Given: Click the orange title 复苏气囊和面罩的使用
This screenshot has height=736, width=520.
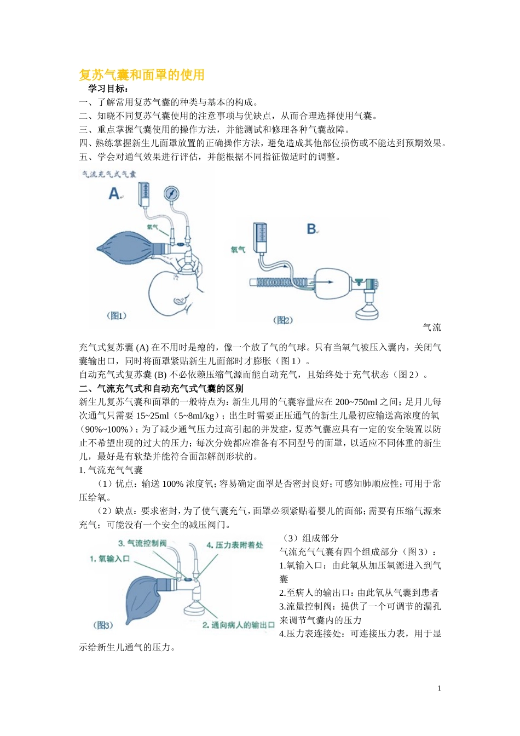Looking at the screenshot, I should tap(142, 75).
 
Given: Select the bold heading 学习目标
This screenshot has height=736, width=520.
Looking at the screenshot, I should tap(108, 89).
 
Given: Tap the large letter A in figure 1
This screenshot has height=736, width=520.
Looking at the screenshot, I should tap(114, 193).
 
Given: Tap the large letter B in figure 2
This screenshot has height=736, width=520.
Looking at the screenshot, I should tap(311, 229).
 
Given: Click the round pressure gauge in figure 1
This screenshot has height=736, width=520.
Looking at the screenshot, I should tap(171, 194).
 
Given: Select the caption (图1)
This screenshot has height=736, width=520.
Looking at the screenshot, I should tap(116, 315).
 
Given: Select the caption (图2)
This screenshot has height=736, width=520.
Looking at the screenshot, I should tap(282, 320).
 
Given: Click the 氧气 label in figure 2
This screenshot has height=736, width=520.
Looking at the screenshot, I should tap(238, 250).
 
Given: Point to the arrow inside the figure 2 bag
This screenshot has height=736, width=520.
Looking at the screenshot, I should tap(326, 282).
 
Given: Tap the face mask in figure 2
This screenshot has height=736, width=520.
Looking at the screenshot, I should tap(369, 312).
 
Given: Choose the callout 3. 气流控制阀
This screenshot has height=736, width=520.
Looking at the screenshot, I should tap(142, 543).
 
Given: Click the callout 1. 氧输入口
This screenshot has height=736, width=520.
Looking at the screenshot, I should tap(109, 559).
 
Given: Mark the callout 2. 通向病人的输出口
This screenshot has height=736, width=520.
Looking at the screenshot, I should tap(238, 625).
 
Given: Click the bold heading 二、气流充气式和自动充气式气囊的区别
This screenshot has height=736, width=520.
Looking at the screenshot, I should tap(161, 388).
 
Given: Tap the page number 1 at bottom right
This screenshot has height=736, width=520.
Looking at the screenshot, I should tap(439, 688).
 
